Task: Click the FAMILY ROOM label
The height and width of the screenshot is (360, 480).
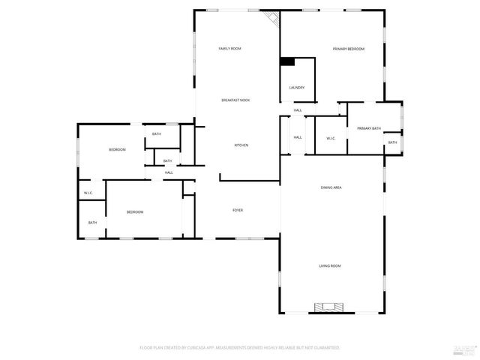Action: (x=229, y=49)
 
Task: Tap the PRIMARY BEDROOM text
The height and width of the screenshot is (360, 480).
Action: (x=349, y=49)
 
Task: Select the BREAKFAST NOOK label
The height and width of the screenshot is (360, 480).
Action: (x=235, y=100)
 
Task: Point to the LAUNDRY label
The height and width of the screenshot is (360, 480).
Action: (x=297, y=88)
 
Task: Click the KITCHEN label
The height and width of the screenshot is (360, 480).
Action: (x=241, y=145)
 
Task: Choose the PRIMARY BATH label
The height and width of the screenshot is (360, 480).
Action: (x=368, y=128)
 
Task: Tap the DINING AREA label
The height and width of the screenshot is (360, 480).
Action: (x=331, y=187)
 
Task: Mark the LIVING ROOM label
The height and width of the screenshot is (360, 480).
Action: (x=330, y=265)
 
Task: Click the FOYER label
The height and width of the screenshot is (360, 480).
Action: (x=237, y=210)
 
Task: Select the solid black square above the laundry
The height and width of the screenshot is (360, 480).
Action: (x=287, y=62)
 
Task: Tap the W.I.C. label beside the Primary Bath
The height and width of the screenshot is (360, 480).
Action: (x=331, y=138)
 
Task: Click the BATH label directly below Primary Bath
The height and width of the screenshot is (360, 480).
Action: (x=392, y=142)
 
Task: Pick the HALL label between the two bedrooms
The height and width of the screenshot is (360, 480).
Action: (x=169, y=172)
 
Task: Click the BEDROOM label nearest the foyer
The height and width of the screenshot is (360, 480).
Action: (x=134, y=212)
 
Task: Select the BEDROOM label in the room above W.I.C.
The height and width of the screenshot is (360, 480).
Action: (x=117, y=150)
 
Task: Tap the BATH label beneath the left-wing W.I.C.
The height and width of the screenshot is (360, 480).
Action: (x=92, y=222)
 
